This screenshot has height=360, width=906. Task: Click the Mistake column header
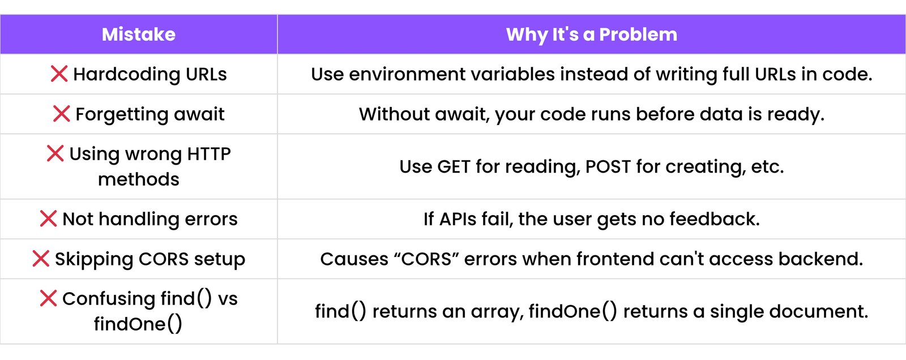pyautogui.click(x=139, y=35)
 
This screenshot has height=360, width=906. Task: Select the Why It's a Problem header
pyautogui.click(x=591, y=35)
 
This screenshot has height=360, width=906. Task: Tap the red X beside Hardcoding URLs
pyautogui.click(x=59, y=74)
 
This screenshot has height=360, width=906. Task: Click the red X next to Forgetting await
pyautogui.click(x=62, y=114)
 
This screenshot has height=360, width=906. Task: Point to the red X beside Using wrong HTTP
pyautogui.click(x=55, y=153)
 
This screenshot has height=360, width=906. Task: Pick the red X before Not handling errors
pyautogui.click(x=48, y=218)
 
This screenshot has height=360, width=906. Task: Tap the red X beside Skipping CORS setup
pyautogui.click(x=41, y=259)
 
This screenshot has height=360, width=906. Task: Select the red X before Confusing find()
pyautogui.click(x=48, y=298)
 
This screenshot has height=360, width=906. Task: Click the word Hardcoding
pyautogui.click(x=127, y=75)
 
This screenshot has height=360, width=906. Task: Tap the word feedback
pyautogui.click(x=715, y=219)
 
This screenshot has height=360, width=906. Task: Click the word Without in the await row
pyautogui.click(x=394, y=114)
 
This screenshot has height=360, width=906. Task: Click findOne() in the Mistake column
pyautogui.click(x=138, y=324)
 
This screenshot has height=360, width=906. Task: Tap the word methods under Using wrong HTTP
pyautogui.click(x=139, y=179)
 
